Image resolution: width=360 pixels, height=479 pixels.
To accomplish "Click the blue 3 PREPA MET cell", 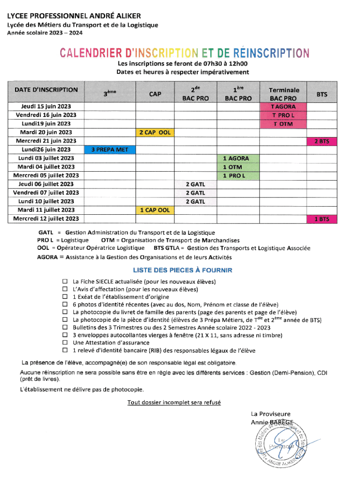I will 109,150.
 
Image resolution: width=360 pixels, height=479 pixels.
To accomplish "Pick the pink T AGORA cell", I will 283,107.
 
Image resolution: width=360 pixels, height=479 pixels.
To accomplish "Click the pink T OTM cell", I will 283,124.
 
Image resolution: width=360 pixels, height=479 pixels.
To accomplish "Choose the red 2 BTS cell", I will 322,141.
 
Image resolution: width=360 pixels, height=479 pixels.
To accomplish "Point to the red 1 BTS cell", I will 322,219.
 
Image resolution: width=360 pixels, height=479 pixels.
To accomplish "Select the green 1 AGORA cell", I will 238,159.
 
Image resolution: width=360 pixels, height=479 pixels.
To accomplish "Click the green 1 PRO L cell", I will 238,175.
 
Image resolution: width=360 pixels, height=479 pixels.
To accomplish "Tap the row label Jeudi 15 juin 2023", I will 46,107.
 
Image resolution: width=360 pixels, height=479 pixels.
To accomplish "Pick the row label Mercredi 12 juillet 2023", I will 46,219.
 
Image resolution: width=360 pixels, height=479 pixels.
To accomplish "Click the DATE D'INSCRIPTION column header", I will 46,90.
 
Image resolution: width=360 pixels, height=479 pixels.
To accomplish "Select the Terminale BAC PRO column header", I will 283,94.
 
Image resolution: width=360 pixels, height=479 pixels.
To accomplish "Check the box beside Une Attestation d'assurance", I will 65,343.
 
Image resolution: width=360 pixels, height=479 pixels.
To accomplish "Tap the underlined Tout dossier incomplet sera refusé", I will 174,402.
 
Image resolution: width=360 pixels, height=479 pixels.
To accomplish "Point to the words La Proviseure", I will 271,414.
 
